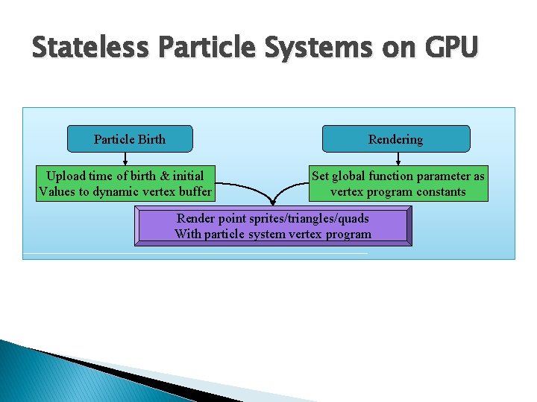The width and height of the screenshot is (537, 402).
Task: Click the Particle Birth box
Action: click(130, 139)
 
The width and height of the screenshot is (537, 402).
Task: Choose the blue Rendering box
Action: click(395, 139)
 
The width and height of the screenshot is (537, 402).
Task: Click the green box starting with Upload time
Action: click(125, 184)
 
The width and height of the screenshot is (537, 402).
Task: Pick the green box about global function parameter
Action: click(398, 184)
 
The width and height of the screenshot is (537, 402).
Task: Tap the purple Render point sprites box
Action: click(272, 226)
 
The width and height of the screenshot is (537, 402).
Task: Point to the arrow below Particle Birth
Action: click(125, 159)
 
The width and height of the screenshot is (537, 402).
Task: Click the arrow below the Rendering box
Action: click(397, 159)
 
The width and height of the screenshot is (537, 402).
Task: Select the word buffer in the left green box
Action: click(193, 192)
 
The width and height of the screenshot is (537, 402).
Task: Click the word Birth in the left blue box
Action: click(151, 139)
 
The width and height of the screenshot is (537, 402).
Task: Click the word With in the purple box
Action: click(187, 234)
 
